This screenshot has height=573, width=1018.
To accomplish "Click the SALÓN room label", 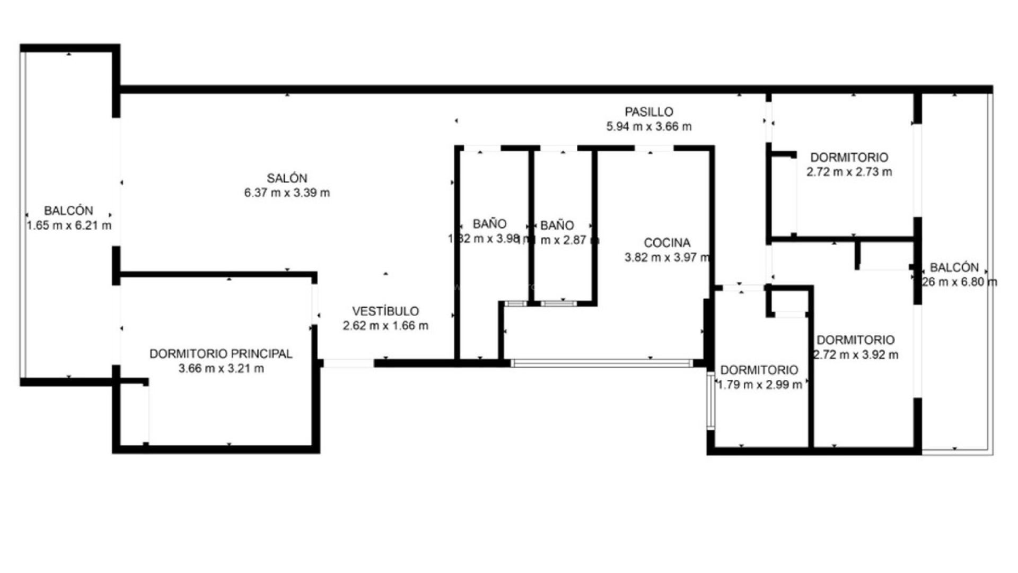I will (x=287, y=178).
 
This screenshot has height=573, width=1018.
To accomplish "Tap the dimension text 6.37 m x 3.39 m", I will (x=287, y=193).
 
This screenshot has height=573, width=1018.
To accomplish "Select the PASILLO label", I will (x=648, y=112).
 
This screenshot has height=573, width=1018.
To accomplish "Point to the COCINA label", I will (x=667, y=243).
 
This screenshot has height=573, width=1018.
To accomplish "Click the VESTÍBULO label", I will (x=385, y=311).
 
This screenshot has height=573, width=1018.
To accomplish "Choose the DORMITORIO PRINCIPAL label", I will (x=221, y=354).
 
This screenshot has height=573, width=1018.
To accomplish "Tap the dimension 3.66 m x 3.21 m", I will (x=221, y=368).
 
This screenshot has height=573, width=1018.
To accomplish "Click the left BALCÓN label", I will (x=68, y=211).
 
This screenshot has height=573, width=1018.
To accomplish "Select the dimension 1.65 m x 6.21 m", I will (x=69, y=225).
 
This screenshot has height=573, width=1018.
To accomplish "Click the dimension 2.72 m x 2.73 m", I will (x=849, y=172).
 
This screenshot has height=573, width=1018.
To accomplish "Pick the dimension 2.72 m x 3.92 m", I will (x=855, y=354).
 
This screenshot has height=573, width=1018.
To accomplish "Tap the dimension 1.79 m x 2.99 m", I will (x=759, y=385).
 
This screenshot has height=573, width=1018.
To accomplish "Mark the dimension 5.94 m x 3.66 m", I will (x=648, y=126).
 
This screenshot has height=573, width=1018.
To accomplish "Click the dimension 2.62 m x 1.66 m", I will (x=385, y=326).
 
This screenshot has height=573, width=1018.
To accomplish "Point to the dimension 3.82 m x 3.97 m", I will (x=667, y=258).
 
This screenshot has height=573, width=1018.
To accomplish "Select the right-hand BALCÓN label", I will (x=954, y=267).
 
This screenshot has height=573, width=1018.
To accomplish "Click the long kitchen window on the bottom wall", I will (x=602, y=363).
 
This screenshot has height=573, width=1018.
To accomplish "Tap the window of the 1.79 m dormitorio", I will (x=710, y=401).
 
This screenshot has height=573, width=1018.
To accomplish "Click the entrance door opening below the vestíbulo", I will (x=348, y=363).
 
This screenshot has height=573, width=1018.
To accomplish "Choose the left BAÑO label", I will (x=489, y=224).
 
